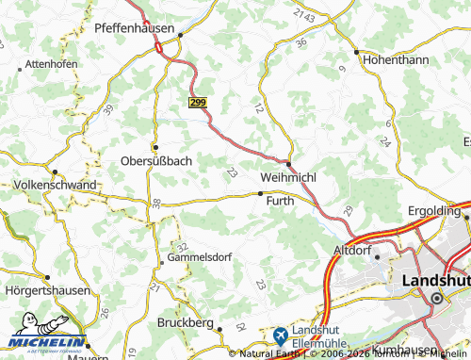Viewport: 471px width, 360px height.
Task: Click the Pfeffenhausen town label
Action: click(x=134, y=29)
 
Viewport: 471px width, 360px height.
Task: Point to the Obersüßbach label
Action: click(x=156, y=160)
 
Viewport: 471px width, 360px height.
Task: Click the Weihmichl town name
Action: click(x=288, y=177)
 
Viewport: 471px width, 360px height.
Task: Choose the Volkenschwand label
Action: click(x=56, y=186)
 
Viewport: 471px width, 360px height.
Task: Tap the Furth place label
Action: click(x=280, y=202)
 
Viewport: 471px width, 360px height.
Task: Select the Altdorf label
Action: click(x=354, y=251)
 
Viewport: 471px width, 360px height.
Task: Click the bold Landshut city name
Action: click(x=434, y=281)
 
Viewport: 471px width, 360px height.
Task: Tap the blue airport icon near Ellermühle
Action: click(x=281, y=335)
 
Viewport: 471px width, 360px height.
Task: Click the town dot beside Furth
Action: click(x=261, y=193)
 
